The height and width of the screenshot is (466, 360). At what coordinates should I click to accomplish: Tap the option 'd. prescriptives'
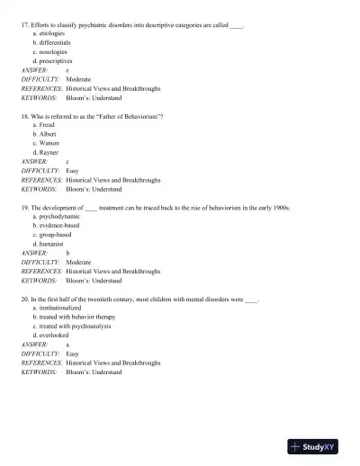click(53, 59)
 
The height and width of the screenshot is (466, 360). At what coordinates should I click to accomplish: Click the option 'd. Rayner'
click(46, 152)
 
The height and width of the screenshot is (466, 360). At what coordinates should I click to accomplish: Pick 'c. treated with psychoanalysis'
click(72, 326)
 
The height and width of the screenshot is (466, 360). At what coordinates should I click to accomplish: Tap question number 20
click(24, 298)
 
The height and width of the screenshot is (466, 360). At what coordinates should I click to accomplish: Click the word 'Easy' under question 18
click(73, 170)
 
